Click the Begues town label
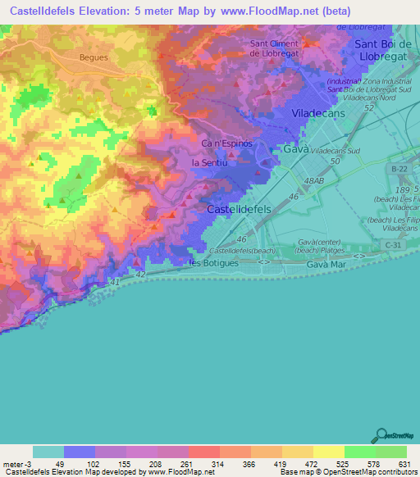[x=94, y=58]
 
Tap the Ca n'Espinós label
[x=226, y=143]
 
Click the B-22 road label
[x=399, y=169]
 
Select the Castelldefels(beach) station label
[x=243, y=250]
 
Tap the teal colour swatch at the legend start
[x=48, y=452]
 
